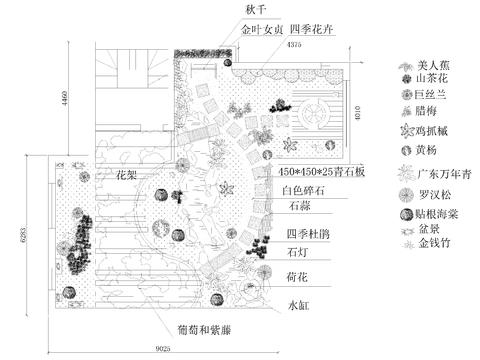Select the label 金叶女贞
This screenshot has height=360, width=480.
point(259,30)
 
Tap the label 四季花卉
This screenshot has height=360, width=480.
point(313,30)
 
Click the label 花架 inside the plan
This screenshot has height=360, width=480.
point(127,174)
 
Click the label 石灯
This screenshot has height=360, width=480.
point(297,252)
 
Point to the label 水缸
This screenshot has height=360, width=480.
point(301,303)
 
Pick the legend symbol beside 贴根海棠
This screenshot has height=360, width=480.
point(405,213)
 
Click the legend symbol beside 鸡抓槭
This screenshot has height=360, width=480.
point(406,130)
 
